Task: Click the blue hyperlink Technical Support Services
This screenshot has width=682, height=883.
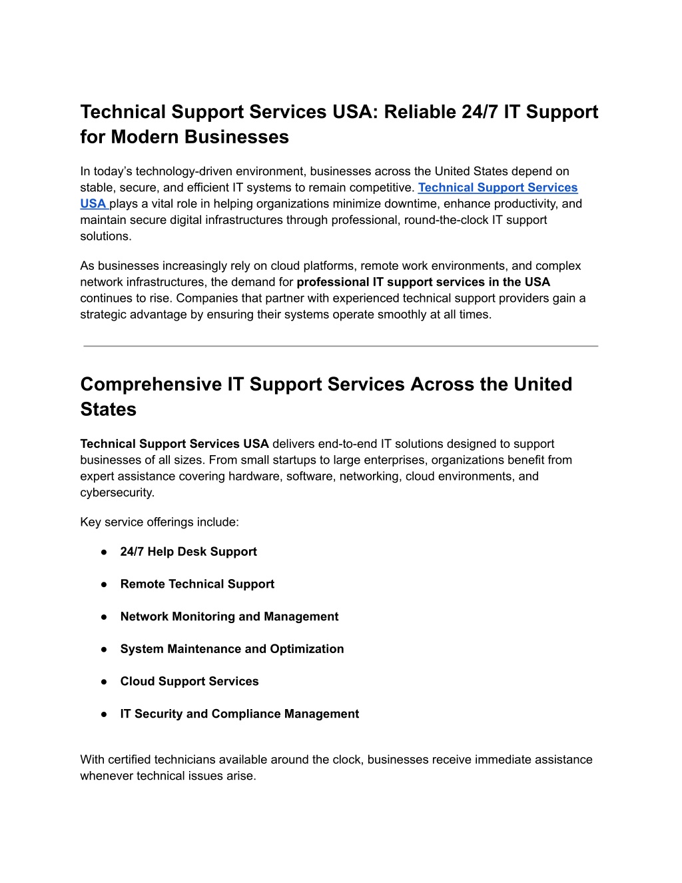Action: pyautogui.click(x=498, y=188)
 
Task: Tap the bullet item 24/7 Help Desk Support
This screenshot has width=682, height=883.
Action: pyautogui.click(x=188, y=552)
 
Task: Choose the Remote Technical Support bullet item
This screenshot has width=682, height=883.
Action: pyautogui.click(x=197, y=584)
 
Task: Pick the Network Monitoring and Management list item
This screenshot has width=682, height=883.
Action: pyautogui.click(x=229, y=617)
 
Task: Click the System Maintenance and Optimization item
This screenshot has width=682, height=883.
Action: pyautogui.click(x=232, y=649)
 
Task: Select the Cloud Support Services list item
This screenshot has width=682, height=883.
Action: pyautogui.click(x=189, y=682)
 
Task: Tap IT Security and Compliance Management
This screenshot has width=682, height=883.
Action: pyautogui.click(x=239, y=714)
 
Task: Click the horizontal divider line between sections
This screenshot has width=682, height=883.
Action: pyautogui.click(x=340, y=346)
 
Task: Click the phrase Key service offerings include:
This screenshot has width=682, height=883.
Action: pyautogui.click(x=159, y=522)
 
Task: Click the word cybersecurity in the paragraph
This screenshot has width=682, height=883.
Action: pyautogui.click(x=117, y=493)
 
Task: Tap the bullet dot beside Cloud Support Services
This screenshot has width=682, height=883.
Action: pyautogui.click(x=104, y=682)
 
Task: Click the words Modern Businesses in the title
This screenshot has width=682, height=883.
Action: pyautogui.click(x=200, y=137)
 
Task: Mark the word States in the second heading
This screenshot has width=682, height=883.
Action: pyautogui.click(x=108, y=410)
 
